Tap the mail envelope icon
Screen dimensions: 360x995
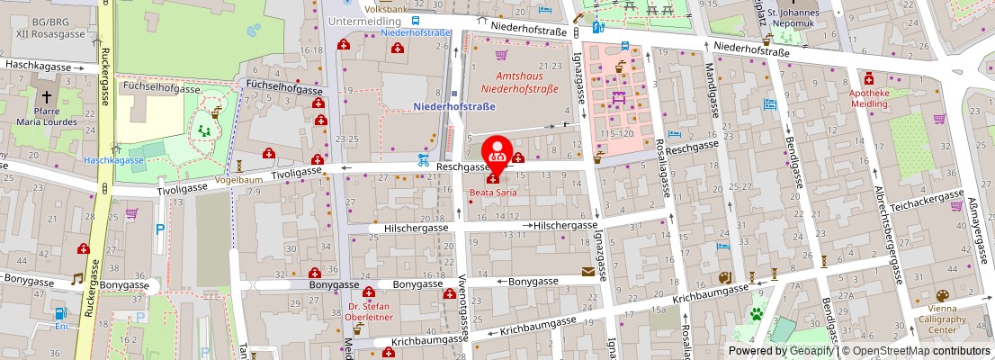(588, 271)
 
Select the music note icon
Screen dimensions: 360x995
(77, 279)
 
